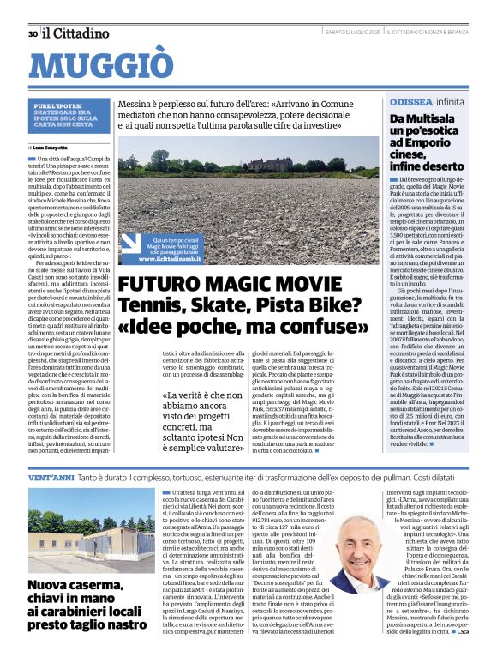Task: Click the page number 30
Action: [33, 33]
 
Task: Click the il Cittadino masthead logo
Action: [76, 33]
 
